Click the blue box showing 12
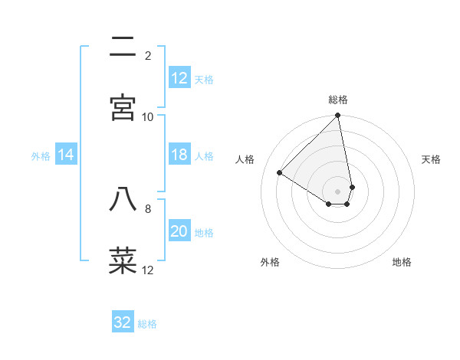[x=179, y=78]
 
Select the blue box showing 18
[x=179, y=155]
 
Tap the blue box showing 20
[x=179, y=232]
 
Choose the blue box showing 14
[x=66, y=155]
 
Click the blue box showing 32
[x=123, y=322]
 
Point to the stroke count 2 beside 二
[x=148, y=55]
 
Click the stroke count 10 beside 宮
[x=148, y=116]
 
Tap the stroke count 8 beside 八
[x=148, y=208]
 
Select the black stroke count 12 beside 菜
[x=148, y=270]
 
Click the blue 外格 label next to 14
[x=41, y=156]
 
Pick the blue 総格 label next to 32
[x=147, y=324]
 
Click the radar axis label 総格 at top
[x=338, y=100]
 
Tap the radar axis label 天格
[x=431, y=159]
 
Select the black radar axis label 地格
[x=402, y=262]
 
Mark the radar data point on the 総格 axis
[x=338, y=116]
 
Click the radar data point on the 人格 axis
[x=280, y=173]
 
